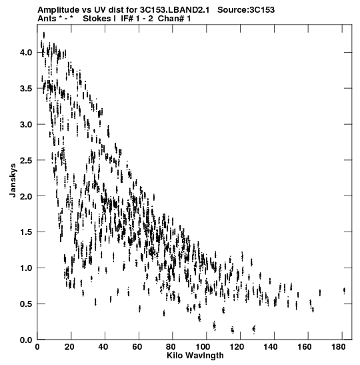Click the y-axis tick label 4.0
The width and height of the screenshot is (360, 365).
click(26, 53)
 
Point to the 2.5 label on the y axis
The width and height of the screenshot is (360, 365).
click(26, 160)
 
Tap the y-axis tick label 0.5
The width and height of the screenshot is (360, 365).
click(26, 304)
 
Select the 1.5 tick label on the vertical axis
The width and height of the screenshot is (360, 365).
click(26, 232)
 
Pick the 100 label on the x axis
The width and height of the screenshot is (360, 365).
click(202, 347)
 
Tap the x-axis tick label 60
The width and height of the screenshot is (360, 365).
click(137, 347)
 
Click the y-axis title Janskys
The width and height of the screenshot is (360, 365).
click(13, 180)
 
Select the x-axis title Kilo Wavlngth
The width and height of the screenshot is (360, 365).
click(195, 356)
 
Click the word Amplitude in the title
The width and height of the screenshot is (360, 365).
click(58, 10)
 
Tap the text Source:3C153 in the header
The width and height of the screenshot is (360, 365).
click(246, 10)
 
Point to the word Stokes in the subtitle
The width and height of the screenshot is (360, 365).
click(97, 19)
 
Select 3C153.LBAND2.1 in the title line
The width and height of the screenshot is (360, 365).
click(175, 10)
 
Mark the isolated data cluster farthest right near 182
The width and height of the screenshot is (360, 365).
click(344, 290)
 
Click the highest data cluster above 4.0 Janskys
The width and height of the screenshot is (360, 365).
click(44, 35)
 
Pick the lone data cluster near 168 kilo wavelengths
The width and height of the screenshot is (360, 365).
click(320, 293)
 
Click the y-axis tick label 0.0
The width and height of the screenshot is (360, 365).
click(26, 340)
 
